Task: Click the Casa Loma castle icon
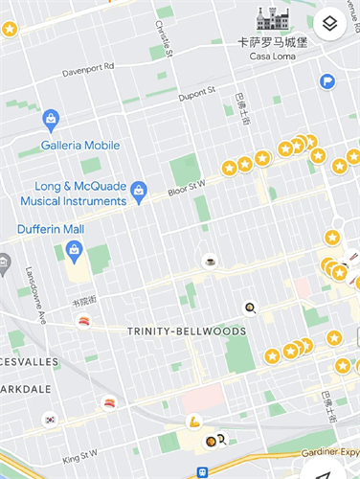tap(272, 19)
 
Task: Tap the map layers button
tap(329, 24)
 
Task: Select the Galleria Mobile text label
tap(79, 146)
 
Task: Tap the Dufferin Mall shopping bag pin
tap(74, 251)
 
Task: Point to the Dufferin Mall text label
tap(50, 230)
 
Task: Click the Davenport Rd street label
tap(87, 68)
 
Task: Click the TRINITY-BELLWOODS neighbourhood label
tap(186, 331)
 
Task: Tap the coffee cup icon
tap(210, 261)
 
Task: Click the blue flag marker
tap(327, 81)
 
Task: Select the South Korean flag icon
tap(50, 420)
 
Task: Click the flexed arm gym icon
tap(194, 421)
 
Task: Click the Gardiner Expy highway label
tap(330, 452)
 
